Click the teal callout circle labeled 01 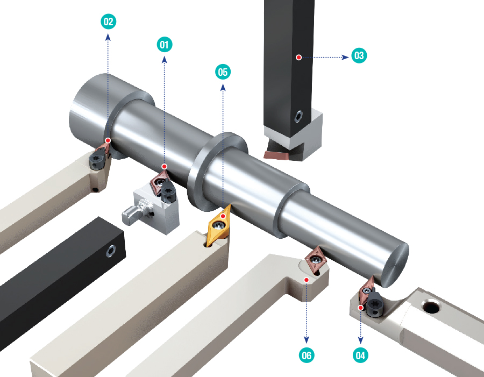(164, 45)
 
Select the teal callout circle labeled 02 (108, 22)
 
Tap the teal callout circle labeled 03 (359, 55)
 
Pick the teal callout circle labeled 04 (360, 355)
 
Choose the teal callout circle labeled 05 (223, 72)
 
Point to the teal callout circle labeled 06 (307, 355)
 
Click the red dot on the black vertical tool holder (298, 58)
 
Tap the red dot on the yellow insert (223, 216)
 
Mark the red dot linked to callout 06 (307, 280)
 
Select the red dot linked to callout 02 (108, 140)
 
